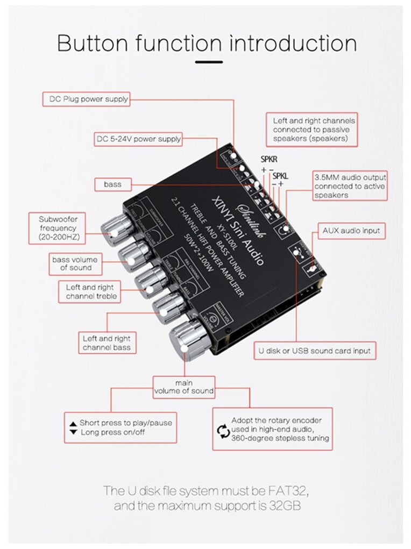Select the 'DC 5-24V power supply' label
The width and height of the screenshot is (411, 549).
click(x=138, y=139)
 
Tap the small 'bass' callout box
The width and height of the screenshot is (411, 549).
click(x=112, y=184)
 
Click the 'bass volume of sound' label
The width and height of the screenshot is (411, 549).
click(x=75, y=263)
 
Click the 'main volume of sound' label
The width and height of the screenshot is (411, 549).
click(x=183, y=386)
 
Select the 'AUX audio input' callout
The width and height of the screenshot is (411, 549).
click(x=351, y=231)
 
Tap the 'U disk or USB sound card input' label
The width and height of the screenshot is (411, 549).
click(x=315, y=351)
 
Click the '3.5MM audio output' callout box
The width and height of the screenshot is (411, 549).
click(x=350, y=186)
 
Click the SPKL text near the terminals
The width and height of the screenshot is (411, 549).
click(x=280, y=175)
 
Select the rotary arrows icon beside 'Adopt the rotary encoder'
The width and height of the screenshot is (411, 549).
click(x=222, y=430)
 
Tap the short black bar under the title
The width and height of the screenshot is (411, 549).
click(x=209, y=62)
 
